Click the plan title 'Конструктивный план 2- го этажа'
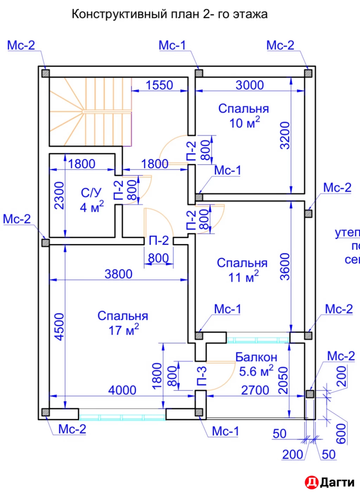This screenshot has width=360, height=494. (x=169, y=14)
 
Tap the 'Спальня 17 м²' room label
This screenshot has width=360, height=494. (x=123, y=323)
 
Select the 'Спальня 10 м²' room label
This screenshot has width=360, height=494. (x=243, y=116)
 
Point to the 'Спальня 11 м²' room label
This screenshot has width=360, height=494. (x=242, y=270)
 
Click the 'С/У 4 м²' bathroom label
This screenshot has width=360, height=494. (x=91, y=200)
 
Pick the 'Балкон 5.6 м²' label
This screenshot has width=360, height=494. (x=256, y=364)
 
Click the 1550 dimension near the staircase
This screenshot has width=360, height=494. (x=159, y=85)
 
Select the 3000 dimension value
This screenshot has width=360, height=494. (x=250, y=85)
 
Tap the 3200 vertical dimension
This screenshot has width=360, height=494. (x=285, y=135)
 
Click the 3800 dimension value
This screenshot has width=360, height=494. (x=118, y=274)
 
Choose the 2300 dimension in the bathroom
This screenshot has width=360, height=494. (x=59, y=195)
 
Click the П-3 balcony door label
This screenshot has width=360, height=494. (x=201, y=376)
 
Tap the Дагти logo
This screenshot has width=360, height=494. (x=329, y=482)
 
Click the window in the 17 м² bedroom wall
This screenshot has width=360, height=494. (x=122, y=417)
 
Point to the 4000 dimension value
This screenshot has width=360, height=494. (x=122, y=390)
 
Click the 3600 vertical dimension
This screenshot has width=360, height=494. (x=285, y=267)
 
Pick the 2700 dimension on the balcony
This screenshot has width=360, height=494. (x=255, y=390)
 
